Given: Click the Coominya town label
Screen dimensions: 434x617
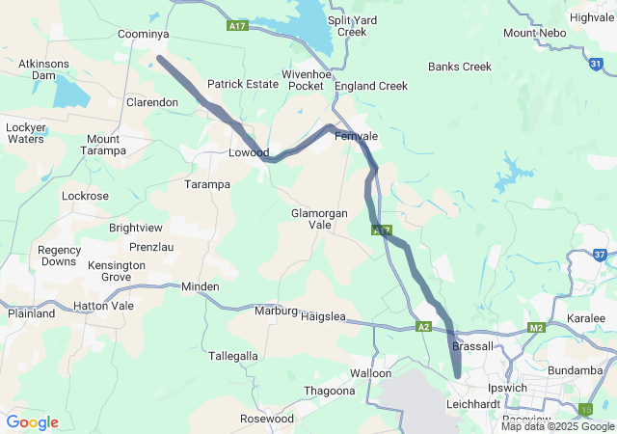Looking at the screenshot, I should coord(143,34).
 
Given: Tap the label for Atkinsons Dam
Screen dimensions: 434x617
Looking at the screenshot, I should coord(43,70).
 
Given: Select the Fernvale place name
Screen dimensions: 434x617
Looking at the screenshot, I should coord(356,137).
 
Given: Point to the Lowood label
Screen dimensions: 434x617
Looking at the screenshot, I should coord(247,152).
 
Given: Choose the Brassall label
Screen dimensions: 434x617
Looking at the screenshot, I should coord(472,346).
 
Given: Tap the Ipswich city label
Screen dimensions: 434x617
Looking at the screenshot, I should coord(507,388).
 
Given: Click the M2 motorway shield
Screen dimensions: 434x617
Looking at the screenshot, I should coord(537,329).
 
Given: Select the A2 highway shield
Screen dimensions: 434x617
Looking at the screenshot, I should coord(423,327).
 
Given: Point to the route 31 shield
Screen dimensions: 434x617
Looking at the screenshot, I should coord(597,64).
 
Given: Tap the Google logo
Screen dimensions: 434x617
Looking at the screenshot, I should coord(32,422).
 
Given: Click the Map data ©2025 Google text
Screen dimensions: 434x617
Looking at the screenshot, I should coord(557,426).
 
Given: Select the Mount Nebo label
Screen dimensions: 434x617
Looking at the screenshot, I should coord(533,33).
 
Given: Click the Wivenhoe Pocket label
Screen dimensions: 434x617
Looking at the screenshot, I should coord(303,80).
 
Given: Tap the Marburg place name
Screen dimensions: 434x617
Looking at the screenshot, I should coord(275,311).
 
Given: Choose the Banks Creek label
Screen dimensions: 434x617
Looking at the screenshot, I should coord(460,67).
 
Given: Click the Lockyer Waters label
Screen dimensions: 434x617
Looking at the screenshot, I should coord(25,133).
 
